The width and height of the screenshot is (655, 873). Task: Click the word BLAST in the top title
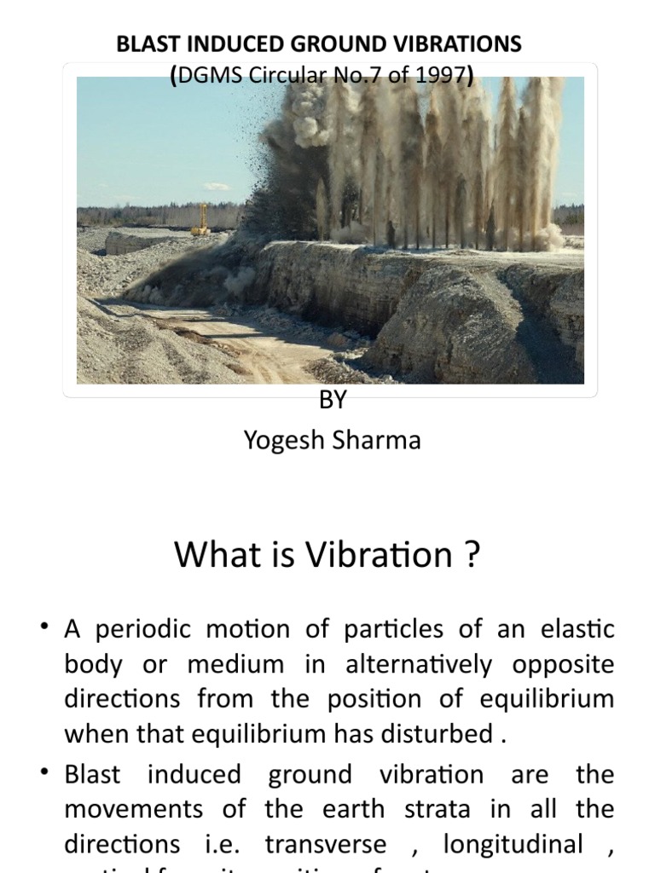coord(143,45)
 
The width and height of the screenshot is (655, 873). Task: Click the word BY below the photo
coord(332,401)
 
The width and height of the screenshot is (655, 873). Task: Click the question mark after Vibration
coord(472,556)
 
